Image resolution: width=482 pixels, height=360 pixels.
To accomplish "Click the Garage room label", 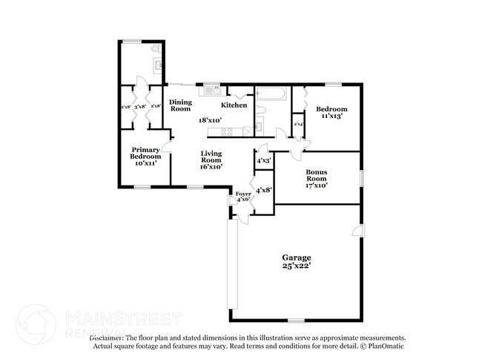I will click(296, 258).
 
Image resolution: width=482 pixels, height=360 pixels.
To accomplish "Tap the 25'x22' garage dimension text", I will click(296, 266).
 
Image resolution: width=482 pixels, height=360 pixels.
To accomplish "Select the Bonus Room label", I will click(317, 175).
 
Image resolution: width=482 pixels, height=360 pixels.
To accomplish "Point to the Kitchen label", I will click(234, 105).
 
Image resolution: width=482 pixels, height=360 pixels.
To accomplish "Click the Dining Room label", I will click(180, 105).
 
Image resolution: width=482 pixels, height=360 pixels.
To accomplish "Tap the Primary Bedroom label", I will click(145, 152).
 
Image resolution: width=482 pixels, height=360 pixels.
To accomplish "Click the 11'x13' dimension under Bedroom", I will click(334, 117).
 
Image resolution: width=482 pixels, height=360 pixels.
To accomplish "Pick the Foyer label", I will click(243, 194).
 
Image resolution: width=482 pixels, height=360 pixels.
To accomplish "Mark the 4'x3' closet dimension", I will click(263, 160).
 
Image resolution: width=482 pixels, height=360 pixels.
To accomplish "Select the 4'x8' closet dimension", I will click(263, 190).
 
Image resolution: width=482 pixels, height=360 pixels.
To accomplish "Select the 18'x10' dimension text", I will click(210, 120).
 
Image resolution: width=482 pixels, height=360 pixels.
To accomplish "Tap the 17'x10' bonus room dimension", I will click(317, 186).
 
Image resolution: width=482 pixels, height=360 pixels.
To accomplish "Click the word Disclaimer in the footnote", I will click(110, 338).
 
